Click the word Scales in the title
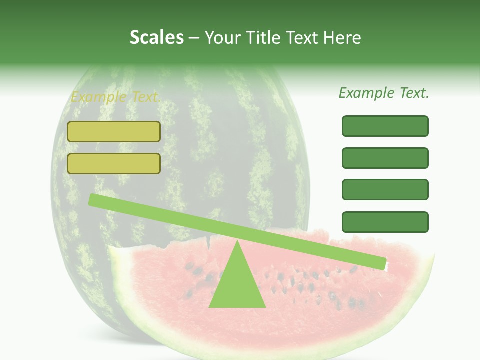click(156, 38)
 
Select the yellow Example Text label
click(116, 97)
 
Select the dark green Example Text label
click(384, 93)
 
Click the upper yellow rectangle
click(114, 132)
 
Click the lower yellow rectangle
click(114, 164)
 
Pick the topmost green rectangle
click(385, 126)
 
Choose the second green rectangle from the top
click(385, 158)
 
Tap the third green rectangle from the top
click(385, 190)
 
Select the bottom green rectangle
click(385, 222)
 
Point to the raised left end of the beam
click(93, 200)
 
